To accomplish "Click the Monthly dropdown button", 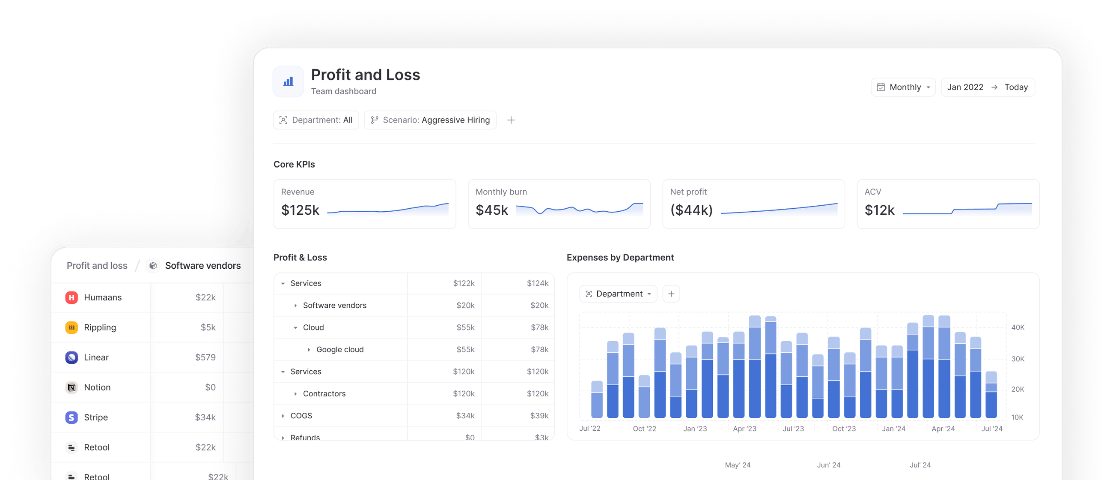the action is (903, 87).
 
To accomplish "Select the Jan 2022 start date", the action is (965, 87).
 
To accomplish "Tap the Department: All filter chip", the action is (316, 120).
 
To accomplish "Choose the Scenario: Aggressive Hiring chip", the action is (430, 120).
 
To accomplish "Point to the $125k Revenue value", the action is (300, 210).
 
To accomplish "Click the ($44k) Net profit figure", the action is (691, 210).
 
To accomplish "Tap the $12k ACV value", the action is (879, 210).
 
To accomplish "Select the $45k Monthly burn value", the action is (492, 210).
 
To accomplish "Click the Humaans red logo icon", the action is (72, 297).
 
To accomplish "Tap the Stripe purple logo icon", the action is (72, 417).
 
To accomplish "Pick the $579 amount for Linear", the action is (205, 357).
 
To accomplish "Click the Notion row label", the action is (97, 387).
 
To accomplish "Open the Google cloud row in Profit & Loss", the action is (339, 349).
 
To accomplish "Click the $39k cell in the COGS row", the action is (539, 416).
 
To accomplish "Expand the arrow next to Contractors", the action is (295, 394).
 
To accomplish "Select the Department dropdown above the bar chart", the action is (618, 294).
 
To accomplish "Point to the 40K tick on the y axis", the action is (1018, 327).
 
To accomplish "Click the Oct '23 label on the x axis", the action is (844, 429).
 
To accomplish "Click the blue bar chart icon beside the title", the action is (288, 81).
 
